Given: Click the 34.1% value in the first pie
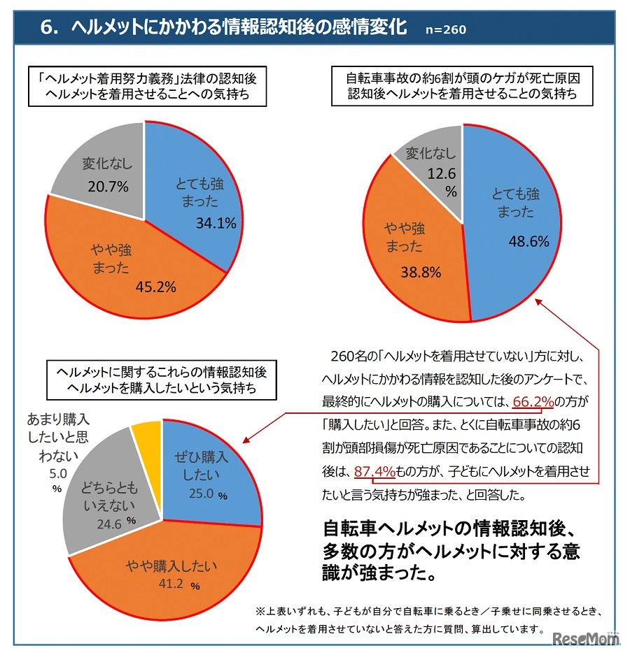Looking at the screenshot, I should point(216,224).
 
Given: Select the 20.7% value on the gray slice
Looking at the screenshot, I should point(104,187).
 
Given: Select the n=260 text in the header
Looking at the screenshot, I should point(445,29).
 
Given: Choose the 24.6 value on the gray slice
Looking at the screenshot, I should point(105,520).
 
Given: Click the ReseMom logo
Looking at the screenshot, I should point(587,638).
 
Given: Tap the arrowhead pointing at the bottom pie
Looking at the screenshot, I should point(246,440).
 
